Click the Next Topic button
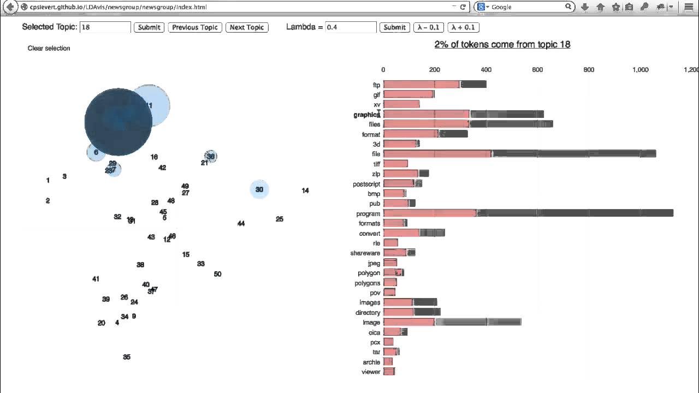247,27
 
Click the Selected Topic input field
105,27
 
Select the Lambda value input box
351,27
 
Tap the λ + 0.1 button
463,27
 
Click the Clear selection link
49,48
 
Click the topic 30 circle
259,189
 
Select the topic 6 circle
96,152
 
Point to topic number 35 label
127,357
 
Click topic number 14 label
305,190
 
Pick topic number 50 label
217,274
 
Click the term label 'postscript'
366,184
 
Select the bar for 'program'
528,213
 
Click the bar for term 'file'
519,154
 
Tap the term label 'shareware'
365,253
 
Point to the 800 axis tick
589,70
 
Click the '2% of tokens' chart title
502,44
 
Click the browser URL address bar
235,7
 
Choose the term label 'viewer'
371,372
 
